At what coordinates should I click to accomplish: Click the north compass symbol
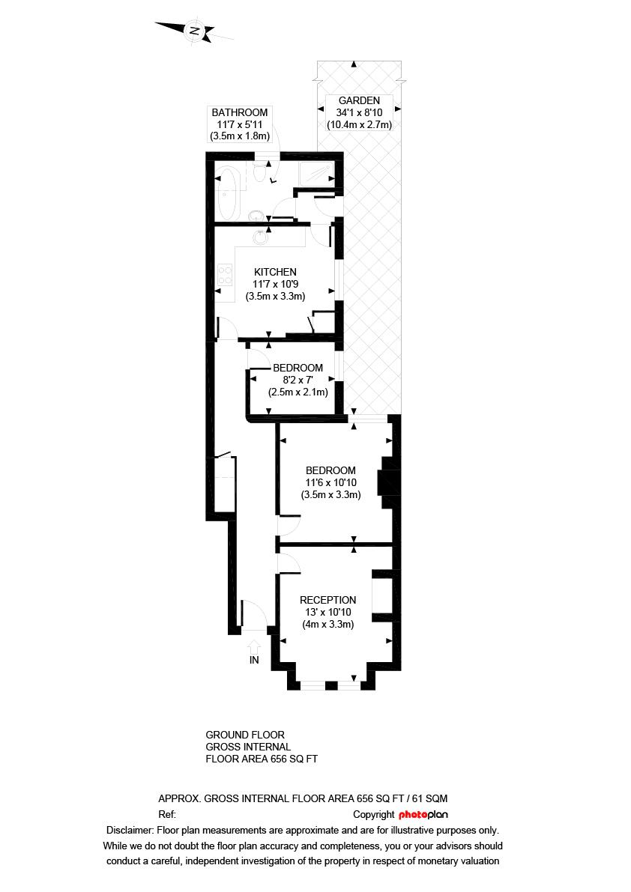(194, 30)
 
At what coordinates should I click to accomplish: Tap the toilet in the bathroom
(261, 173)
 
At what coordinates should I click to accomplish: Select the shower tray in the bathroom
(317, 173)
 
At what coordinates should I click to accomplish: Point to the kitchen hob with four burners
(224, 274)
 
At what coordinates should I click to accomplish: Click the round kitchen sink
(261, 237)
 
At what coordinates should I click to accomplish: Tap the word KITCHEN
(275, 272)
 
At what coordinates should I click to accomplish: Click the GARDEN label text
(359, 100)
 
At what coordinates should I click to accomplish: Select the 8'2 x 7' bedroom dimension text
(298, 380)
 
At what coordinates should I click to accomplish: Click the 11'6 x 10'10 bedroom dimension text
(330, 482)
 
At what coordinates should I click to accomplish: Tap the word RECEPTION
(327, 600)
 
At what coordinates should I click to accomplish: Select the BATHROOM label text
(239, 112)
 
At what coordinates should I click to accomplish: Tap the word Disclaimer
(130, 830)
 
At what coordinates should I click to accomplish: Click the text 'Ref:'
(167, 814)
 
